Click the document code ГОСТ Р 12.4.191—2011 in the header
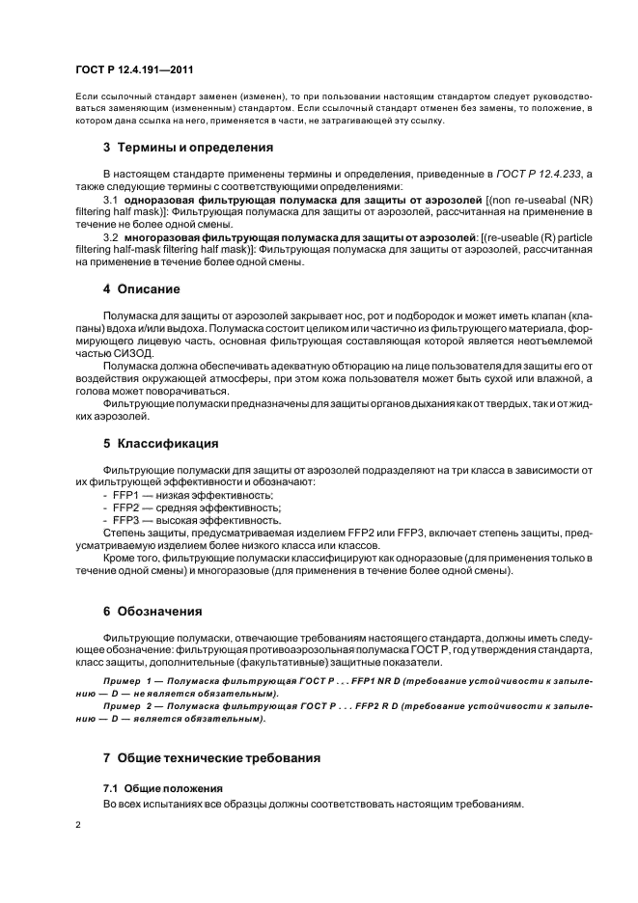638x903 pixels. pyautogui.click(x=137, y=71)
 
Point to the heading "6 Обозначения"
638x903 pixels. pyautogui.click(x=159, y=611)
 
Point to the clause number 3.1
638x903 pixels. pyautogui.click(x=111, y=199)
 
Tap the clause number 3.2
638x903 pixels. pyautogui.click(x=111, y=236)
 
